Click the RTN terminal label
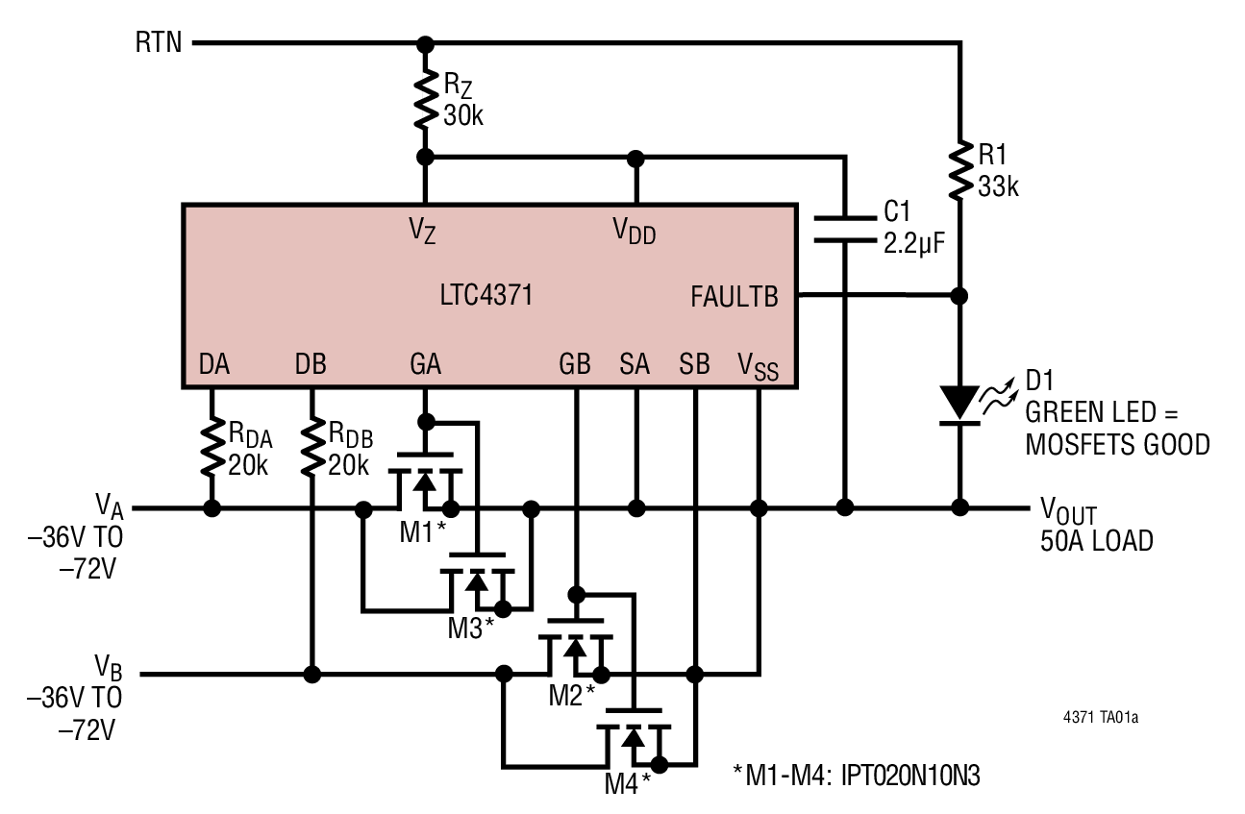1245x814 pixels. pos(160,43)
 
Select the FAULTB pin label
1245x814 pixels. pos(734,297)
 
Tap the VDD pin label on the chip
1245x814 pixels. pos(635,231)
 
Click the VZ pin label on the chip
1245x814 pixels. pos(423,231)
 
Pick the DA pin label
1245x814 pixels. pos(213,365)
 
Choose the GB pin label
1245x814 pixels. pos(575,365)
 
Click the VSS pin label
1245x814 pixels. pos(758,366)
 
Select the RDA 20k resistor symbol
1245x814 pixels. pos(211,446)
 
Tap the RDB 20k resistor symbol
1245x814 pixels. pos(311,446)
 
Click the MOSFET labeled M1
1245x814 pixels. pos(424,481)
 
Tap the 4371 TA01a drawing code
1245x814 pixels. pos(1107,717)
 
